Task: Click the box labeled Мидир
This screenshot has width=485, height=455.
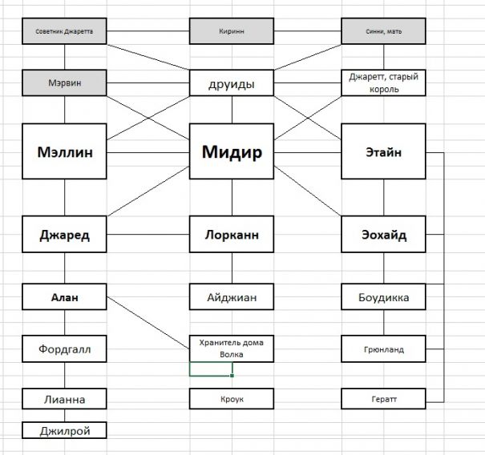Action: [231, 151]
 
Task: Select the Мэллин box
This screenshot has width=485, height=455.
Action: [64, 151]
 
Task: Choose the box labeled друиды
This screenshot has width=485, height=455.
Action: [231, 83]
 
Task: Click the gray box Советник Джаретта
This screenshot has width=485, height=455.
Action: [64, 32]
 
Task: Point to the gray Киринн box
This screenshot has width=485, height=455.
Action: [231, 32]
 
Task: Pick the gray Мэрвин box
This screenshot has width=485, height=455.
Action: [64, 83]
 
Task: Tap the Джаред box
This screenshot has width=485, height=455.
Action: [64, 235]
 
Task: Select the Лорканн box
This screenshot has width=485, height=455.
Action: [231, 235]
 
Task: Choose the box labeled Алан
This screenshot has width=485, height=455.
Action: [64, 297]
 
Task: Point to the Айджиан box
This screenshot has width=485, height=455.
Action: [231, 297]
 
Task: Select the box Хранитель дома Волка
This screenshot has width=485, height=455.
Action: [231, 348]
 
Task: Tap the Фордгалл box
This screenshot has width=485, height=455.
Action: [64, 348]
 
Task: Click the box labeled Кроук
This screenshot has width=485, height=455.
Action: [231, 398]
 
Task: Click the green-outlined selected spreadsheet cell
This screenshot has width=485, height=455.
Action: [211, 369]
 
